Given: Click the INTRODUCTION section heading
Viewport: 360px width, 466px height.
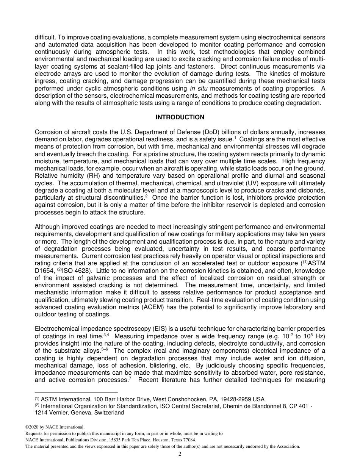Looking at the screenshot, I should (180, 117).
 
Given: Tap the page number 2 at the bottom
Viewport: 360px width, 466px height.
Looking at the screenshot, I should (180, 454).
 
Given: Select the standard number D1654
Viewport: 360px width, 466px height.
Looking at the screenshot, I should (45, 271).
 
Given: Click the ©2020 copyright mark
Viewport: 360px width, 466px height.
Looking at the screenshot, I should (33, 427).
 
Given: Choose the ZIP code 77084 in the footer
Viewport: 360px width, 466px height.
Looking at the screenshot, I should (189, 440).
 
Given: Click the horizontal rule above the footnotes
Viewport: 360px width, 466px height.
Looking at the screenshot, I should (76, 393).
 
